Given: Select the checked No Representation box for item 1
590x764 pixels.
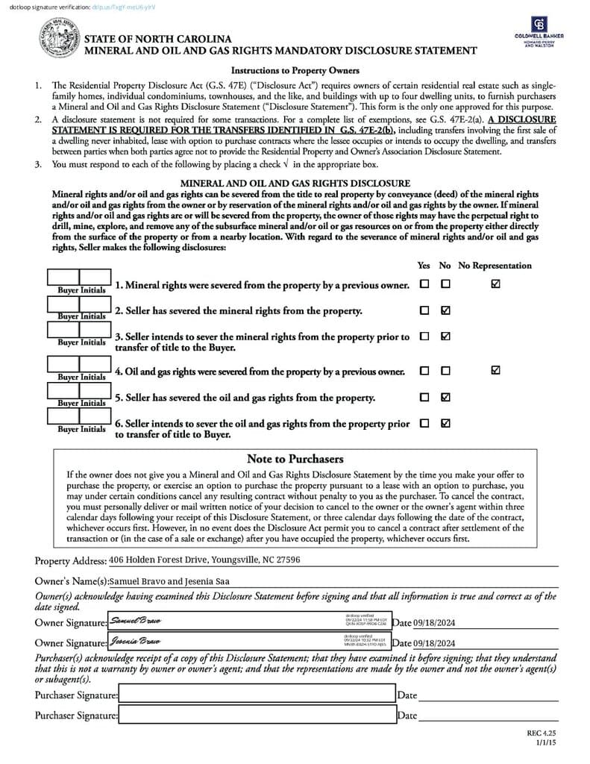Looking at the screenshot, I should click(x=496, y=284).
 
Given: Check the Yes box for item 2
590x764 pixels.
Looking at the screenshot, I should click(x=424, y=310).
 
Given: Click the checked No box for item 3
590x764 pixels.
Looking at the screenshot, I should click(x=445, y=336).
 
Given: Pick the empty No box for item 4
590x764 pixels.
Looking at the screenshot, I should click(x=445, y=371).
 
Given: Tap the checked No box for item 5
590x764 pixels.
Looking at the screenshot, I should click(x=445, y=397).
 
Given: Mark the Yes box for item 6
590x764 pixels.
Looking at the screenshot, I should click(x=424, y=423).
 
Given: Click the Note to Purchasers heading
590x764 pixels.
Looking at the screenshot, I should click(x=295, y=459).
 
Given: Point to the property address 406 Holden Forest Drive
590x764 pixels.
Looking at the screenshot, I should click(x=204, y=560).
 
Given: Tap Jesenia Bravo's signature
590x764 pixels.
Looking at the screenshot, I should click(x=134, y=641).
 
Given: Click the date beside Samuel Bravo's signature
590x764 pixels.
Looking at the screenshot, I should click(x=433, y=623).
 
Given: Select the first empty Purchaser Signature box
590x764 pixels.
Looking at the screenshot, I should click(x=257, y=695).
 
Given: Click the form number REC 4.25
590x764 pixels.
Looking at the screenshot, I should click(x=542, y=733).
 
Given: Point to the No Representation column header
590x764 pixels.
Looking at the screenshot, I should click(x=495, y=266).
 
